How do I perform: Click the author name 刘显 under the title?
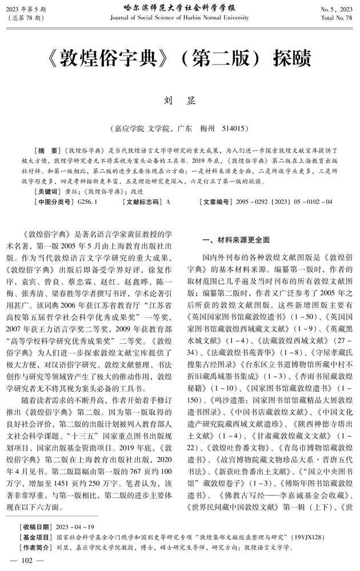click(x=180, y=100)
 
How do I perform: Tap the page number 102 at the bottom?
click(x=27, y=560)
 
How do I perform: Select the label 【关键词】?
click(x=48, y=191)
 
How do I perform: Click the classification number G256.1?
click(x=87, y=202)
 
